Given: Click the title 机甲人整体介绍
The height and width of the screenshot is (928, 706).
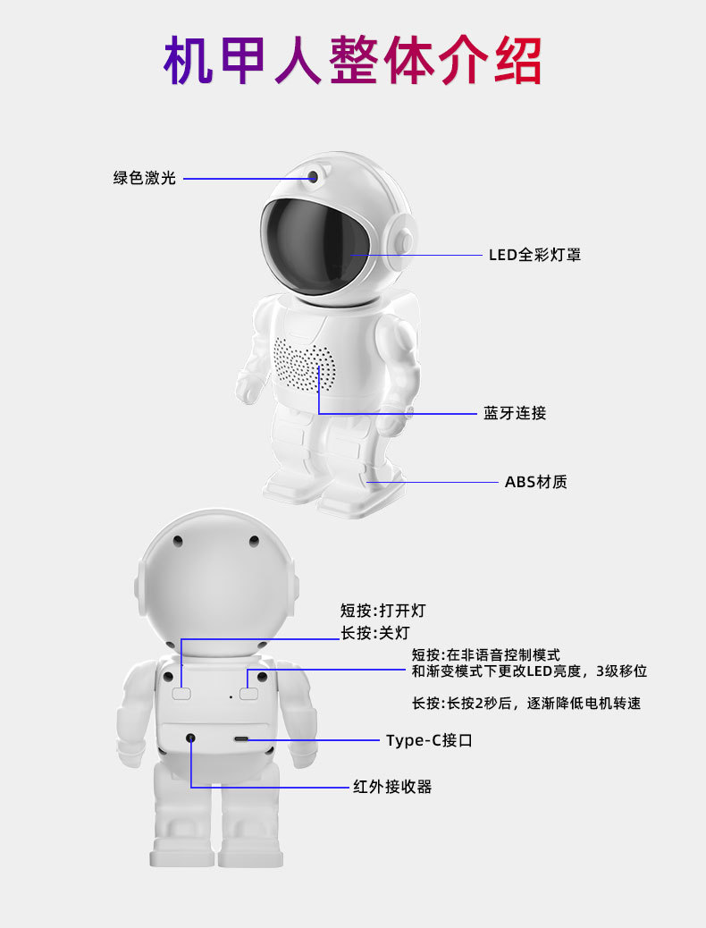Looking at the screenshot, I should [352, 60].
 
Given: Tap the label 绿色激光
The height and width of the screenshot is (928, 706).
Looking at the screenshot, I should [144, 178].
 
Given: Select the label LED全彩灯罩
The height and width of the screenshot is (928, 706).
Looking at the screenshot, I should [534, 255].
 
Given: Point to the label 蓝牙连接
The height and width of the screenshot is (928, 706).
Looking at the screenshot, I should [515, 413].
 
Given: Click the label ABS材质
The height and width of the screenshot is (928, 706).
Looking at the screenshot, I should [535, 482].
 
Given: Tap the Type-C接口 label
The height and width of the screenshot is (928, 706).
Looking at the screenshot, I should [428, 740].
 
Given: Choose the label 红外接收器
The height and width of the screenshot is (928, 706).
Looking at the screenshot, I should [392, 787].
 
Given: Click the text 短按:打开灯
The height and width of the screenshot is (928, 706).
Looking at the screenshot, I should [382, 612].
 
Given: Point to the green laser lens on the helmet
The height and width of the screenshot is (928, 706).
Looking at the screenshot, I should [314, 176].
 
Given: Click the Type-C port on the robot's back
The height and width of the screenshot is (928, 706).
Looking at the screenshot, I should [242, 739].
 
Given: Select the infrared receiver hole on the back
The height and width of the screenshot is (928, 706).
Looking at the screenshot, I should [190, 738].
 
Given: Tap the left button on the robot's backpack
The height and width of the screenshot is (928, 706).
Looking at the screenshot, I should [182, 693].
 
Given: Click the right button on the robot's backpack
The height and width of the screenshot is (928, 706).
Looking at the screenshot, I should [248, 693].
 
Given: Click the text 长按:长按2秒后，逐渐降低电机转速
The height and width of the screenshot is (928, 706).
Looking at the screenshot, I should [525, 704].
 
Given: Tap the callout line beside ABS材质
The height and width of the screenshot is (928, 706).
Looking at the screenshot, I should [438, 483].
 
